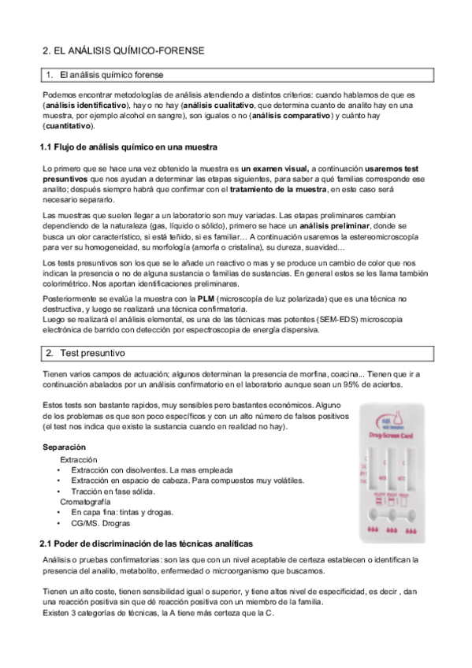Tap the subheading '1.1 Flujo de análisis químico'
128,147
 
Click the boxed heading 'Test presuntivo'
94,354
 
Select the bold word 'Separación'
65,447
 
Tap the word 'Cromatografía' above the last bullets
88,501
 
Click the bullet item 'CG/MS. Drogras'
101,522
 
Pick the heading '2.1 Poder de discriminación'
147,544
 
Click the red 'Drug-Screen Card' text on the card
392,435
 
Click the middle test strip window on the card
391,469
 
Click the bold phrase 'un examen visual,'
277,169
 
